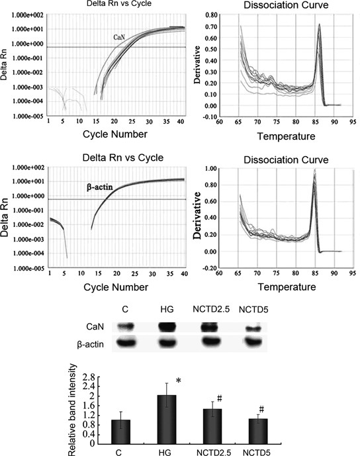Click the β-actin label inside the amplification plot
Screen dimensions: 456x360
point(102,187)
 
